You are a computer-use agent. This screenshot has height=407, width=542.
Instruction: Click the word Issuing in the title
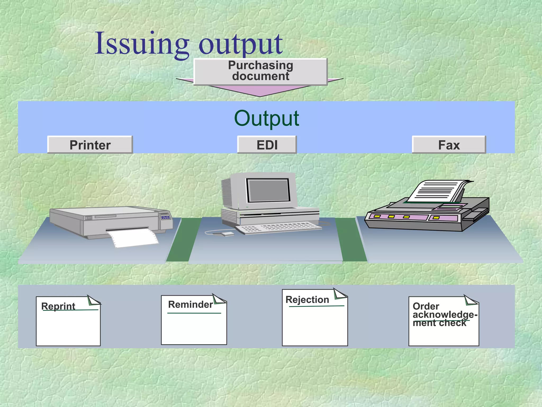[x=142, y=44]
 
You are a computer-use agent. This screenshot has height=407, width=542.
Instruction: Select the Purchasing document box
[x=260, y=71]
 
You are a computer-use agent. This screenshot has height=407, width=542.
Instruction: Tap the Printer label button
[x=90, y=145]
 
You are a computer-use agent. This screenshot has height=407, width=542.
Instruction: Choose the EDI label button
[x=267, y=145]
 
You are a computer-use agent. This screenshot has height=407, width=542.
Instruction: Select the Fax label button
[x=449, y=145]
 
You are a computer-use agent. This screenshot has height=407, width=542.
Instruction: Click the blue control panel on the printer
[x=165, y=218]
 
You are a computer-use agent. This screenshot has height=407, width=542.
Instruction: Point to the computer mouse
[x=227, y=234]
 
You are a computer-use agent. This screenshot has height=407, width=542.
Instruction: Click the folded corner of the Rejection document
[x=339, y=294]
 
